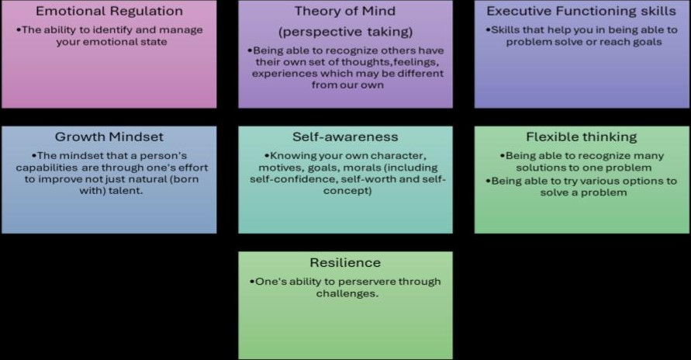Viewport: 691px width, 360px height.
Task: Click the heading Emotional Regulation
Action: tap(109, 12)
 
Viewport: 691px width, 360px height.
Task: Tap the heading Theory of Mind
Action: tap(345, 12)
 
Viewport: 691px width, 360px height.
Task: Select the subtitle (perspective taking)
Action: tap(346, 32)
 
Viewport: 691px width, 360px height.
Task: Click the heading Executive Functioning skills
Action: tap(582, 12)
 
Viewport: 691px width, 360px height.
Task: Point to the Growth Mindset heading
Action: tap(109, 137)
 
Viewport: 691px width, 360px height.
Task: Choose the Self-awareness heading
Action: tap(345, 137)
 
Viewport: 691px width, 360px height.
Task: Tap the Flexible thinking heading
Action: tap(582, 137)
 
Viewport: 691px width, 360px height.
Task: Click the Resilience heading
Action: tap(345, 262)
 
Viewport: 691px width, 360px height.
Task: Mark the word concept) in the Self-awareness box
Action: tap(347, 191)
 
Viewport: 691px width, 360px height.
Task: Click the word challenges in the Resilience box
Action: tap(347, 294)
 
